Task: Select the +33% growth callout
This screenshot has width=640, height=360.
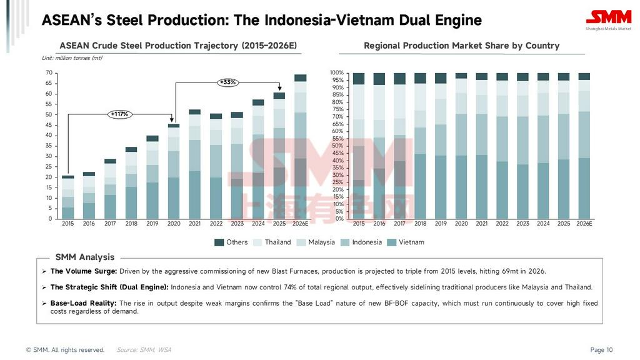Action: pyautogui.click(x=227, y=82)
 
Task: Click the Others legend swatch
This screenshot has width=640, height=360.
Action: pyautogui.click(x=219, y=242)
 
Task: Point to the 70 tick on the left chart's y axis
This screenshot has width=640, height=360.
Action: pyautogui.click(x=48, y=73)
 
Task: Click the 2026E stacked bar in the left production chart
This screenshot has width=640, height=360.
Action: pyautogui.click(x=300, y=147)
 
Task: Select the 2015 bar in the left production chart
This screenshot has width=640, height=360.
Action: pyautogui.click(x=68, y=197)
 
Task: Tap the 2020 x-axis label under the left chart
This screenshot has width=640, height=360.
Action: pyautogui.click(x=174, y=224)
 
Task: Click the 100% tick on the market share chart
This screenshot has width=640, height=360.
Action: pyautogui.click(x=337, y=73)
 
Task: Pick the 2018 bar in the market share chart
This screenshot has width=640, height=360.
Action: pyautogui.click(x=420, y=146)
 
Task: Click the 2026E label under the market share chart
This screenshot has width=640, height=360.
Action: pyautogui.click(x=584, y=224)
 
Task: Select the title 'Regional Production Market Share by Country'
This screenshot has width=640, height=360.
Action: pyautogui.click(x=461, y=46)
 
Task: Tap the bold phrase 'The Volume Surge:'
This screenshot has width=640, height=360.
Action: pyautogui.click(x=84, y=271)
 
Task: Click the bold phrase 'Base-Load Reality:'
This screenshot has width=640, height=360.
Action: pyautogui.click(x=84, y=303)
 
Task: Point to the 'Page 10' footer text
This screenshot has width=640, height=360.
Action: pyautogui.click(x=601, y=350)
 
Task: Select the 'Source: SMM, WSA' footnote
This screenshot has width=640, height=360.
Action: pyautogui.click(x=144, y=350)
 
